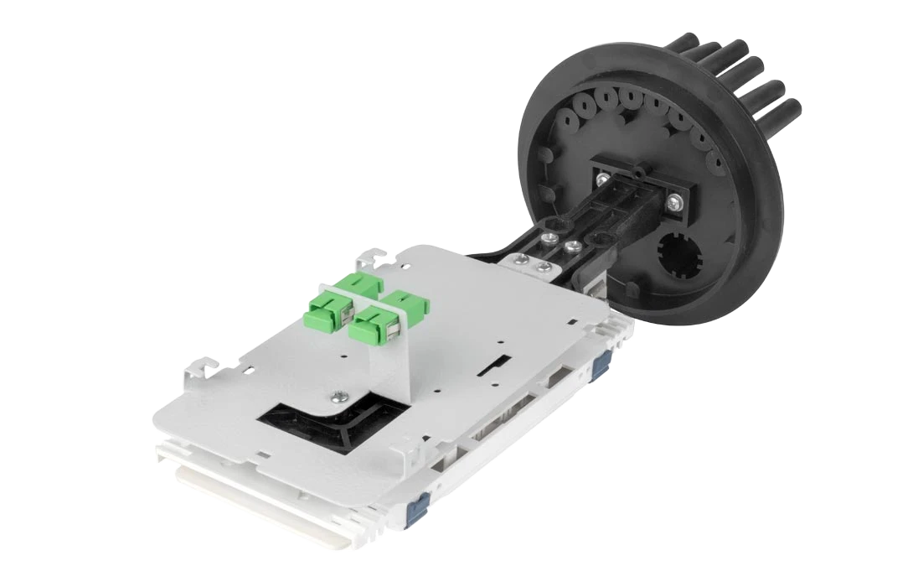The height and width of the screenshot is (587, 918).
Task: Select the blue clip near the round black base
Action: pyautogui.click(x=600, y=363)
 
